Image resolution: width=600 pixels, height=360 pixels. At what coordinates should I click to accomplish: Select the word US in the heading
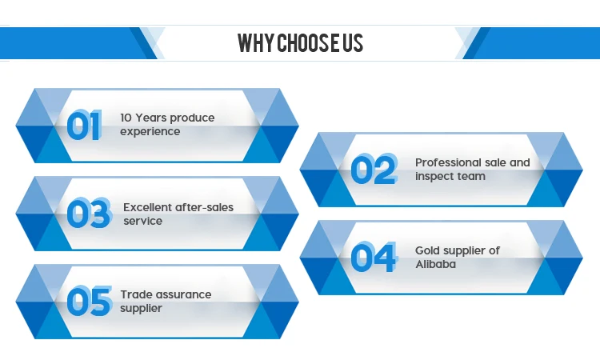point(353,42)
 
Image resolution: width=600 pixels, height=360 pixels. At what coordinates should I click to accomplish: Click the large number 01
point(84,125)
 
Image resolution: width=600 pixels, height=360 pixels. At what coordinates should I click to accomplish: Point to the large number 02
point(374,169)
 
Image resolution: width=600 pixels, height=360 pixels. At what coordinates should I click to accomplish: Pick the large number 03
point(90,213)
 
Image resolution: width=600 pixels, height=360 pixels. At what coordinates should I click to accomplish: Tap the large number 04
point(374,257)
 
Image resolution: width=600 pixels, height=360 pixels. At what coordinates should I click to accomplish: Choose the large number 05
point(90,301)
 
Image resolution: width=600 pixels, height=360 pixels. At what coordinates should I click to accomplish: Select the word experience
point(150,132)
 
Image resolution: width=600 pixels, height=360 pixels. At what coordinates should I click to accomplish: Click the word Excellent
point(147,207)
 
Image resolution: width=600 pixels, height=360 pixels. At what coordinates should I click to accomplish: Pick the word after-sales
point(204,207)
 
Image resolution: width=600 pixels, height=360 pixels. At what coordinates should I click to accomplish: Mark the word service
point(142,221)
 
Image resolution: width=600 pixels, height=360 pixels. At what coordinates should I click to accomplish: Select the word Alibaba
point(435,264)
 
